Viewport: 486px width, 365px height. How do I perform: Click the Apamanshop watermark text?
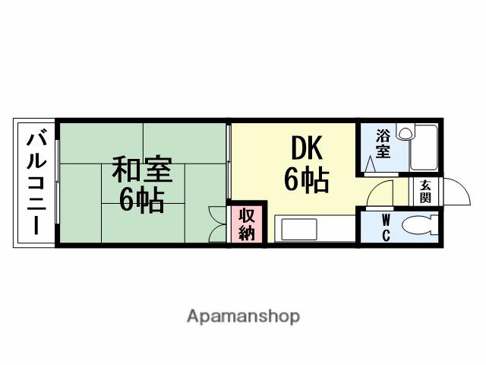click(x=243, y=316)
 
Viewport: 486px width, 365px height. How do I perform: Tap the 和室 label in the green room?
click(x=142, y=170)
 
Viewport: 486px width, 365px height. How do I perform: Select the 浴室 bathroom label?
click(x=384, y=144)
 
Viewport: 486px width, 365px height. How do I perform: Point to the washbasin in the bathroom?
click(x=406, y=133)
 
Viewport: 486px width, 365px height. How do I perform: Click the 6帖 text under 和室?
click(x=142, y=199)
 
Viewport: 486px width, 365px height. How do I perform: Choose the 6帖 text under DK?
click(x=306, y=180)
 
